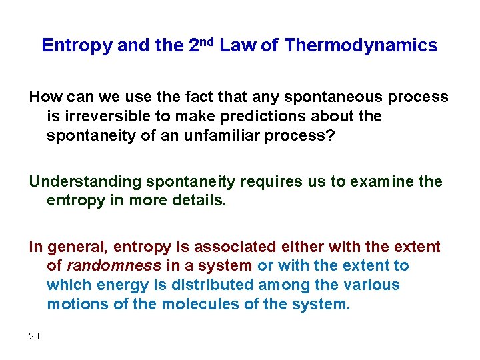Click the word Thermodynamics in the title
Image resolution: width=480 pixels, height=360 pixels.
(361, 45)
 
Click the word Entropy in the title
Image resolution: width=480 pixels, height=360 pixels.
(77, 45)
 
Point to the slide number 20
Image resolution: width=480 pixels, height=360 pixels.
(34, 335)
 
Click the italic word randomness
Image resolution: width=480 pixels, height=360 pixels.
(113, 265)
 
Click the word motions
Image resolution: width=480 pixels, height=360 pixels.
(72, 304)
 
